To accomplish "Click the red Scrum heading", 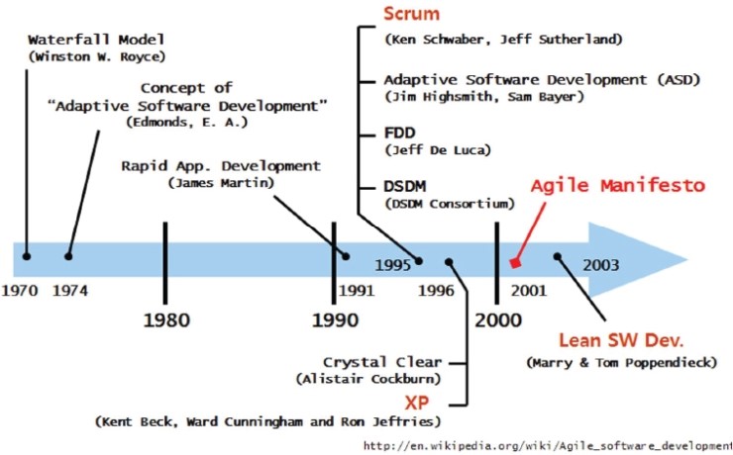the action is pyautogui.click(x=411, y=14).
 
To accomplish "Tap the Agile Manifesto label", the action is pyautogui.click(x=617, y=186).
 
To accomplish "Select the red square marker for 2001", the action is pyautogui.click(x=515, y=263).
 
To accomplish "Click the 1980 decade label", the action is pyautogui.click(x=166, y=320).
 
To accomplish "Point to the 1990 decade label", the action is pyautogui.click(x=335, y=320).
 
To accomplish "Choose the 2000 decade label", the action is pyautogui.click(x=498, y=320).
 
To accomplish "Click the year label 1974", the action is pyautogui.click(x=70, y=291).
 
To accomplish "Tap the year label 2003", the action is pyautogui.click(x=600, y=265).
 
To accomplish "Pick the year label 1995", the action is pyautogui.click(x=392, y=265).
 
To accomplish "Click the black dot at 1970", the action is pyautogui.click(x=27, y=256).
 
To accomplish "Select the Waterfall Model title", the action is pyautogui.click(x=96, y=40).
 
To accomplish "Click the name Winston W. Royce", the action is pyautogui.click(x=97, y=57).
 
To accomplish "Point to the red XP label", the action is pyautogui.click(x=416, y=403).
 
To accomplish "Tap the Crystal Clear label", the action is pyautogui.click(x=382, y=362).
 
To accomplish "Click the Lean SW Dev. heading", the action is pyautogui.click(x=621, y=340).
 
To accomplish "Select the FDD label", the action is pyautogui.click(x=400, y=133).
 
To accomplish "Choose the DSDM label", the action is pyautogui.click(x=405, y=187).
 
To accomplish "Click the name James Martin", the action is pyautogui.click(x=221, y=182).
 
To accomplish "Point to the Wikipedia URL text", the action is pyautogui.click(x=548, y=446).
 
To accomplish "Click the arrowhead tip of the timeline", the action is pyautogui.click(x=687, y=259).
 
